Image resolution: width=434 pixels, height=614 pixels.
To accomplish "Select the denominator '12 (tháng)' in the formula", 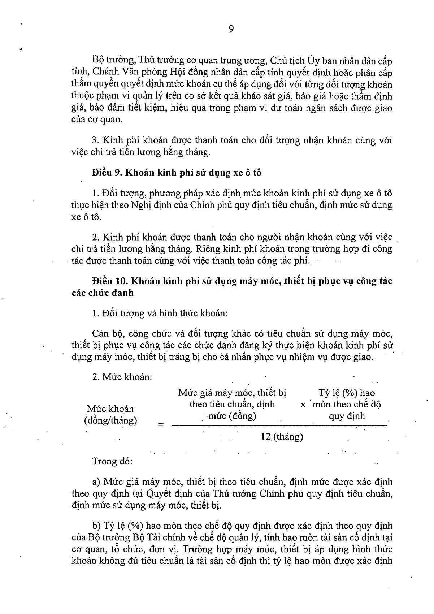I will pos(282,437).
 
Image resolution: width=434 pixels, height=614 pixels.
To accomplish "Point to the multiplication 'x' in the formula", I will pos(303,405).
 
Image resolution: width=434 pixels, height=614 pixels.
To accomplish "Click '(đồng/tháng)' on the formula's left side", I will pos(110,420).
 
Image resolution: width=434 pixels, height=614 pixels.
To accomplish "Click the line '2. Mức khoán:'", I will pos(122,377).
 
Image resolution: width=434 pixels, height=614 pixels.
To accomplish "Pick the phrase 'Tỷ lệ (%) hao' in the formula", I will pos(346,393).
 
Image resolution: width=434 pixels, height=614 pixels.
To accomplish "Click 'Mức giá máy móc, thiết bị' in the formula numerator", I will pos(232,393).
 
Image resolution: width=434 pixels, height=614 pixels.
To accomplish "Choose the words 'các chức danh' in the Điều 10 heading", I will pos(103,293).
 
